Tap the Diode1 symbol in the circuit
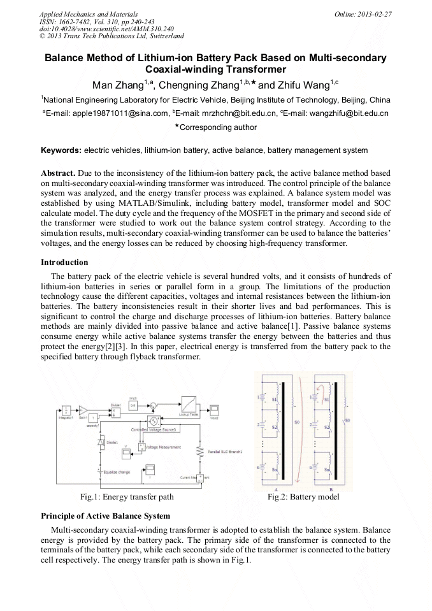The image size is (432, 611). (101, 442)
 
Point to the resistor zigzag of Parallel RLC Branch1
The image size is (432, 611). (201, 451)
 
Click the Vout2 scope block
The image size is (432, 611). (216, 410)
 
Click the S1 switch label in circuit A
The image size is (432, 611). (275, 398)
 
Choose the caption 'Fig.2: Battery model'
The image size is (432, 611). (303, 496)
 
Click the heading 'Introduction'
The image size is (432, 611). (64, 262)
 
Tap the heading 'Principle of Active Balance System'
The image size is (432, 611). (105, 515)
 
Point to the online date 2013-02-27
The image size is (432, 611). (375, 14)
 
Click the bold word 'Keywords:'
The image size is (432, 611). (61, 150)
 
